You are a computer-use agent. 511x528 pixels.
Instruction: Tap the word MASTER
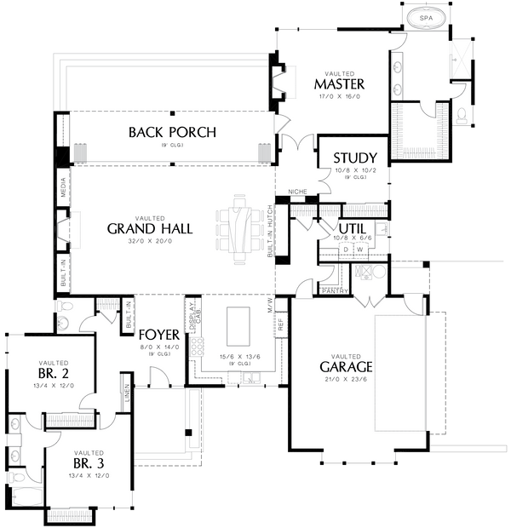click(339, 84)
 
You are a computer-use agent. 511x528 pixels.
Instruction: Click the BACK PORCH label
click(172, 132)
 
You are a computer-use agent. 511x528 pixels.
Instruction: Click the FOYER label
click(158, 335)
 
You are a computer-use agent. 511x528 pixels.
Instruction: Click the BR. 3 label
click(88, 463)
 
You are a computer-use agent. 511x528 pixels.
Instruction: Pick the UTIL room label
click(353, 229)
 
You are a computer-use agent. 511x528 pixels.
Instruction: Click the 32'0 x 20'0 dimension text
click(150, 243)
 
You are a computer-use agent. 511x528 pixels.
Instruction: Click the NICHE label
click(297, 192)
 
